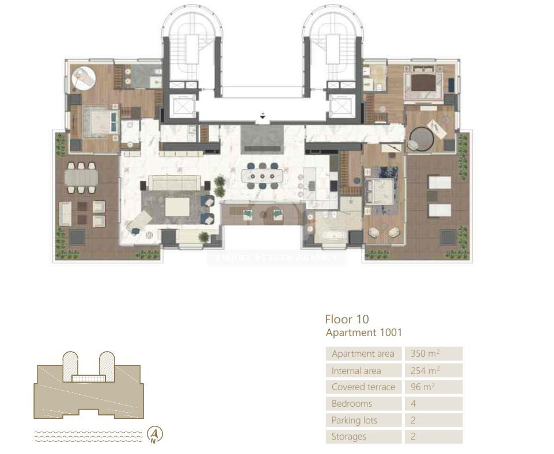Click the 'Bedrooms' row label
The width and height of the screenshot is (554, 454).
(x=352, y=403)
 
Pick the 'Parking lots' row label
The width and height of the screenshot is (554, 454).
(x=354, y=420)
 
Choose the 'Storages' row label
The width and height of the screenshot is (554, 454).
(x=348, y=436)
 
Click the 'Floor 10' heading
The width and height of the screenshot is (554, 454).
(x=347, y=319)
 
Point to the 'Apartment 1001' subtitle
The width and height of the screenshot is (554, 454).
(x=363, y=333)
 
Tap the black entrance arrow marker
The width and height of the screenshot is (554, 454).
(x=263, y=117)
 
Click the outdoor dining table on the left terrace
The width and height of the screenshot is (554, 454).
(x=80, y=178)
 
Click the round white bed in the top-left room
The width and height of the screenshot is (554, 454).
(x=84, y=78)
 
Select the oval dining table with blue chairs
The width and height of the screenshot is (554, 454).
(x=263, y=176)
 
